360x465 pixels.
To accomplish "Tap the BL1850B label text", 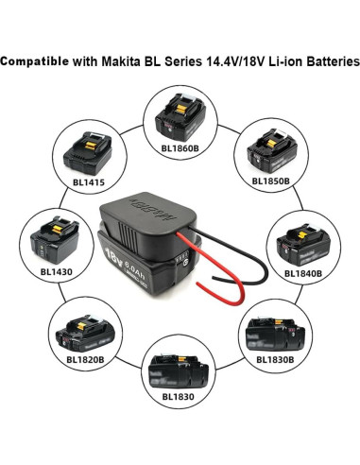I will (x=271, y=180).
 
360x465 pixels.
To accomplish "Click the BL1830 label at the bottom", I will (x=177, y=396).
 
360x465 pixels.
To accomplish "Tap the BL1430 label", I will (x=56, y=270).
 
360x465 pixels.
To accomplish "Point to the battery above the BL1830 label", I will (x=178, y=367).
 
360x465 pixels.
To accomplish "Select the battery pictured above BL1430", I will (x=55, y=241).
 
